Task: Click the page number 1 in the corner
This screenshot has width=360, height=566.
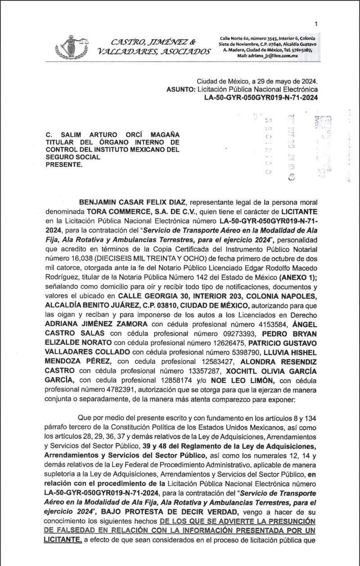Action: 316,24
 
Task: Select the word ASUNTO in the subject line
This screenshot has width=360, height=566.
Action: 180,89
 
